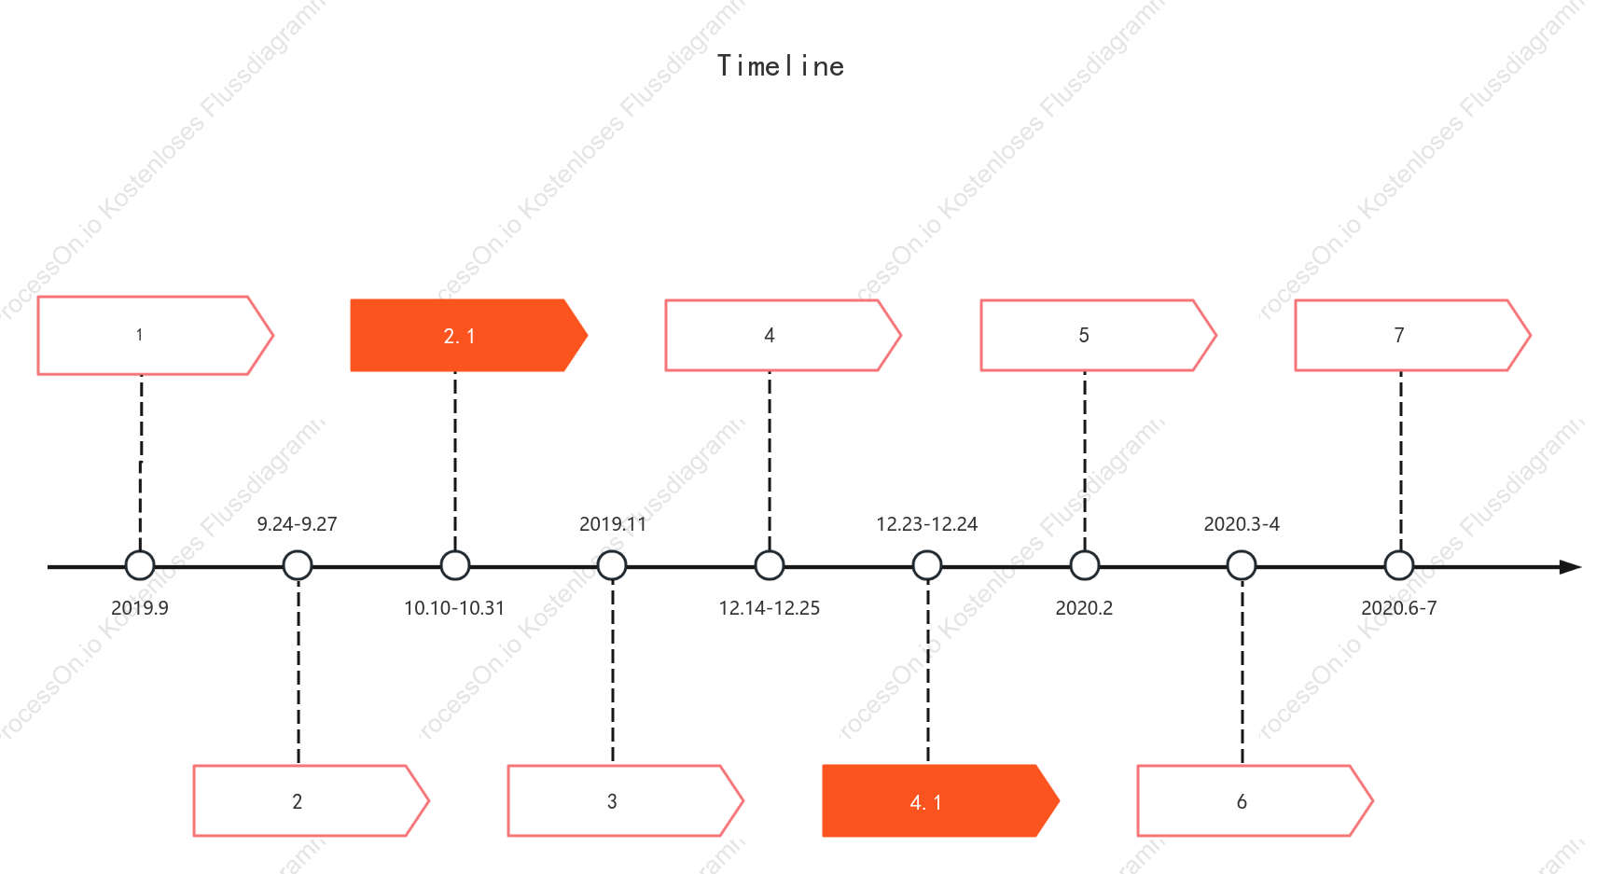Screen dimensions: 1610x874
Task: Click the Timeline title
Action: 781,66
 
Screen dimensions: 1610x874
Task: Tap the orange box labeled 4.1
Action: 940,801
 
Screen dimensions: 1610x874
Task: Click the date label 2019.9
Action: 140,608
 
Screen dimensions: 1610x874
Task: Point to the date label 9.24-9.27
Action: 297,524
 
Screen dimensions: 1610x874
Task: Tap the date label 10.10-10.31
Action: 454,608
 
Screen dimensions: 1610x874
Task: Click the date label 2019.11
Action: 613,524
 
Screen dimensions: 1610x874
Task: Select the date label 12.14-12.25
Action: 770,608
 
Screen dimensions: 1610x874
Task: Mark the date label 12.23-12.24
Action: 927,524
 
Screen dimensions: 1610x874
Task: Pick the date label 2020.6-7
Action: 1399,608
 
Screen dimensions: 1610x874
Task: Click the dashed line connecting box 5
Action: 1085,461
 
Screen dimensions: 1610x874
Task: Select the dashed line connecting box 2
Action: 298,673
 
